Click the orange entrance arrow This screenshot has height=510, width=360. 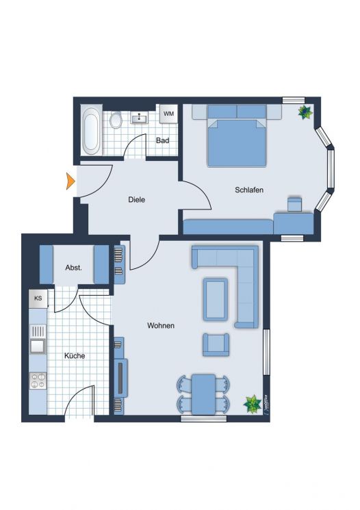(70, 181)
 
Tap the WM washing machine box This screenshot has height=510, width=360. (168, 114)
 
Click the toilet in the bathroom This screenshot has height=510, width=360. (116, 120)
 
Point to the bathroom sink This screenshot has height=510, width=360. (139, 118)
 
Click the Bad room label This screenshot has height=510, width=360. (162, 141)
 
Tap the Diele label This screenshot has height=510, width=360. (137, 200)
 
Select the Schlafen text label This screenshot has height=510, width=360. (249, 190)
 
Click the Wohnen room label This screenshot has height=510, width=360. (161, 326)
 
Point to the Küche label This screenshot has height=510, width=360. (75, 356)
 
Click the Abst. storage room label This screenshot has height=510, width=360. (74, 268)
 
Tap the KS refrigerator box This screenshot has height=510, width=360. (38, 299)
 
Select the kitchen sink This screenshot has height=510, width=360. (37, 346)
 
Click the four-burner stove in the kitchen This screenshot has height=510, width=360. (38, 381)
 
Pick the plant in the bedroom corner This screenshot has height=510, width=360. (303, 112)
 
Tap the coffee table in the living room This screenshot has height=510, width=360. (216, 299)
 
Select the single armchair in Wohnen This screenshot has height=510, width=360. (216, 344)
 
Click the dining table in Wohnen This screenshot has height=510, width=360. (203, 394)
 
